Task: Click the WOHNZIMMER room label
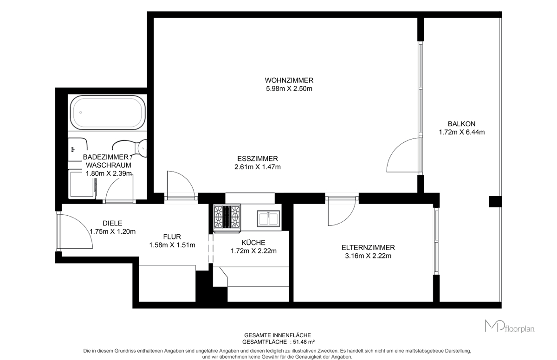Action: pos(289,80)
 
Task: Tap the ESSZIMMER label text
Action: pos(257,159)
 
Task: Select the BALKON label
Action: pos(461,124)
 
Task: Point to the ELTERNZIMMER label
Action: pos(368,247)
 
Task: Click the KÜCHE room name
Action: pos(253,242)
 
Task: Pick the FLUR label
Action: pos(172,237)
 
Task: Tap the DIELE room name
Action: pos(112,223)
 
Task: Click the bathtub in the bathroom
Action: pos(108,113)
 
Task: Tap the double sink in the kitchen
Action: pos(268,219)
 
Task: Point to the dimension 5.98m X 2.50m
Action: pos(289,89)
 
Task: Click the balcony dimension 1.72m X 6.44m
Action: pos(461,132)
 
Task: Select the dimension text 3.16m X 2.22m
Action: pos(368,256)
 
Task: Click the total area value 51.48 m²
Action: pos(304,342)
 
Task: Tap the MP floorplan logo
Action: pos(510,326)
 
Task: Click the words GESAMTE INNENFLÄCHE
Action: pos(278,335)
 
